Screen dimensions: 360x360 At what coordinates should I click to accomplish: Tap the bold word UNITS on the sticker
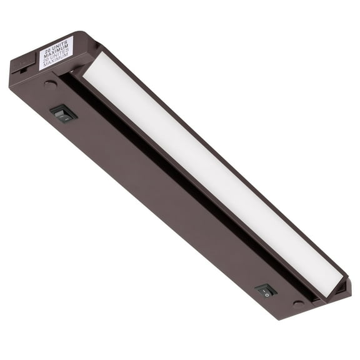61,45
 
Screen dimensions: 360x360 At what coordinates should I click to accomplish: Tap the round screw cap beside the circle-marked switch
299,303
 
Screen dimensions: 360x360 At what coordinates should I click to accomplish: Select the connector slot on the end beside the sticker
22,69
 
